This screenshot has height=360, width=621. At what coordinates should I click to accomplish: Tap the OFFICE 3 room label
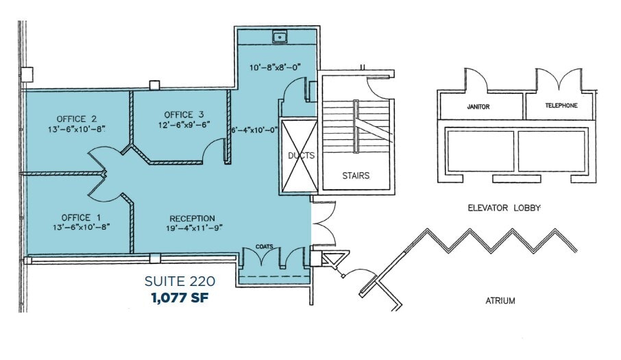[184, 114]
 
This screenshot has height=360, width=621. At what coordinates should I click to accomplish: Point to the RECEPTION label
[192, 219]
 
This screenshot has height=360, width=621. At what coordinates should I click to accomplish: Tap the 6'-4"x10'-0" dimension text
[254, 129]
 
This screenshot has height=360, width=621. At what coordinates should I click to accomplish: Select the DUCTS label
[300, 156]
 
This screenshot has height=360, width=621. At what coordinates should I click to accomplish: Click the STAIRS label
[356, 176]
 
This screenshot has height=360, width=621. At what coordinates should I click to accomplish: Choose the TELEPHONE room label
[561, 106]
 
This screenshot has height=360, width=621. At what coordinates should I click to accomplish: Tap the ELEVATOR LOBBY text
[504, 207]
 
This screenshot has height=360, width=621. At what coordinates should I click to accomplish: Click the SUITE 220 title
[180, 281]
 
